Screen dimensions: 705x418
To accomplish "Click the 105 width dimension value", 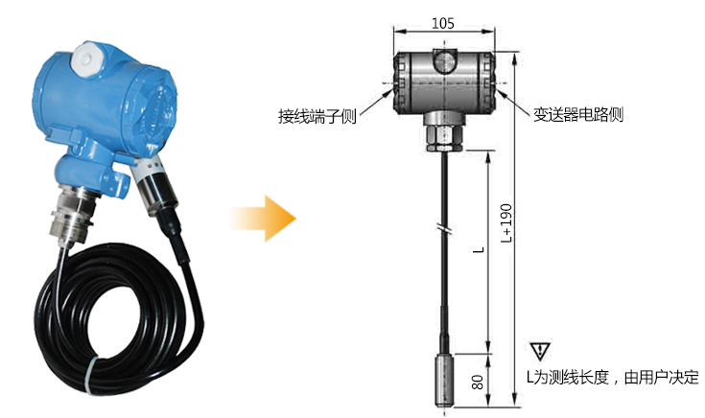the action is point(443,23).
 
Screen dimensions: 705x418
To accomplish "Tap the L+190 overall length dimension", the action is point(506,223).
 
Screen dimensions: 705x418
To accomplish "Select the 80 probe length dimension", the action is point(478,382).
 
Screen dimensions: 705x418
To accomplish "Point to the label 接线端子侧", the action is point(317,116).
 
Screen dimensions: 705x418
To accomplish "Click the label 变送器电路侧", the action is point(578,115).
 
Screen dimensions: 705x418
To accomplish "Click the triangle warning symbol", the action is point(539,352).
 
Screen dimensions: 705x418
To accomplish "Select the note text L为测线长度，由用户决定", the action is point(613,377).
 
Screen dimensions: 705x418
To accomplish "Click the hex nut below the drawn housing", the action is point(444,137).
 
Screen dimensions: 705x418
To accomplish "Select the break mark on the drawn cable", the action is point(444,230).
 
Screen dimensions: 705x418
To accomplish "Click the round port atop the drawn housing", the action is point(444,61).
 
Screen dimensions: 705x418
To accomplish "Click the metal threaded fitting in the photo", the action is point(73,215).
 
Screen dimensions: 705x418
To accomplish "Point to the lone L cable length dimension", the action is point(481,249).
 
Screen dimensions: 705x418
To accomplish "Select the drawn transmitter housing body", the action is point(444,82).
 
